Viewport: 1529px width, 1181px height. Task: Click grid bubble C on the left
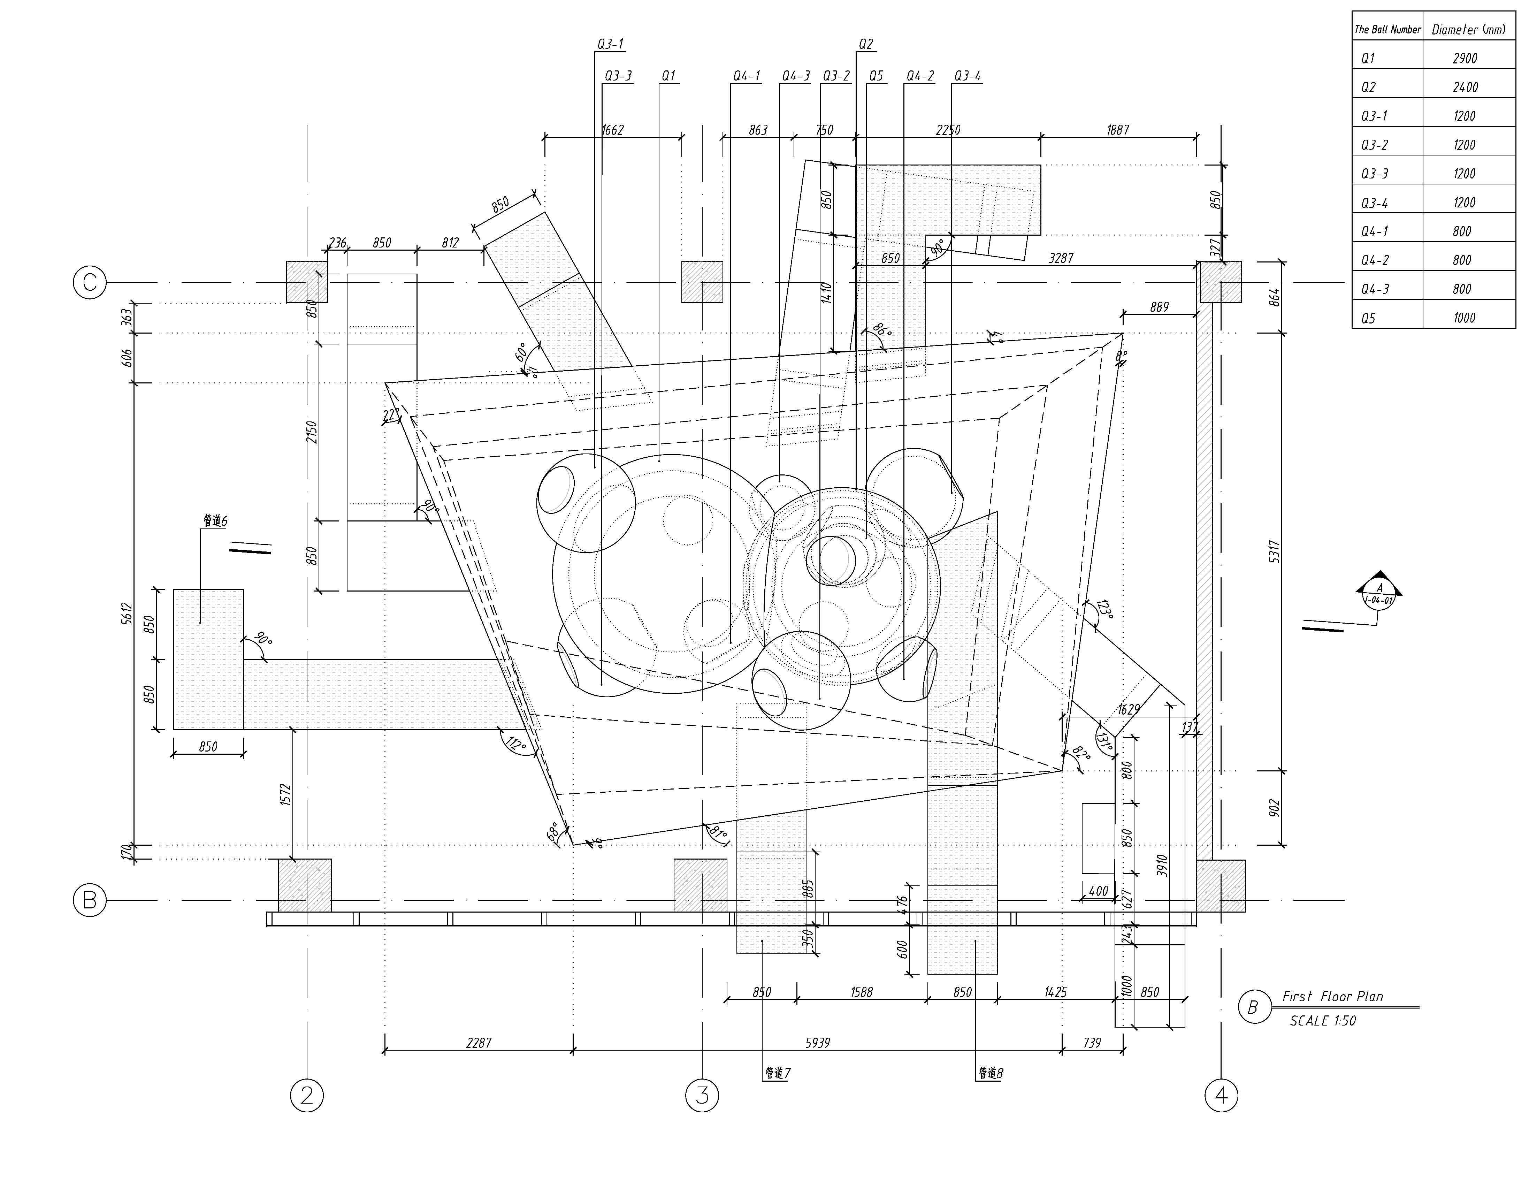(x=90, y=283)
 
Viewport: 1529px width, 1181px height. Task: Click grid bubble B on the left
(x=90, y=900)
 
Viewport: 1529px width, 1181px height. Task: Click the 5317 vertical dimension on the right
(x=1274, y=552)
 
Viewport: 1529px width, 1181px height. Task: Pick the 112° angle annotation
(x=516, y=746)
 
